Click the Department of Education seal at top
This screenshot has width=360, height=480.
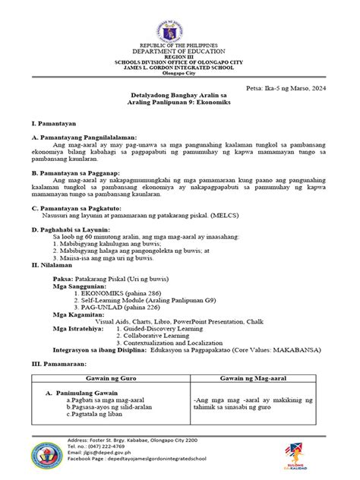coord(180,24)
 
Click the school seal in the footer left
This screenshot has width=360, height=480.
coord(44,458)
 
